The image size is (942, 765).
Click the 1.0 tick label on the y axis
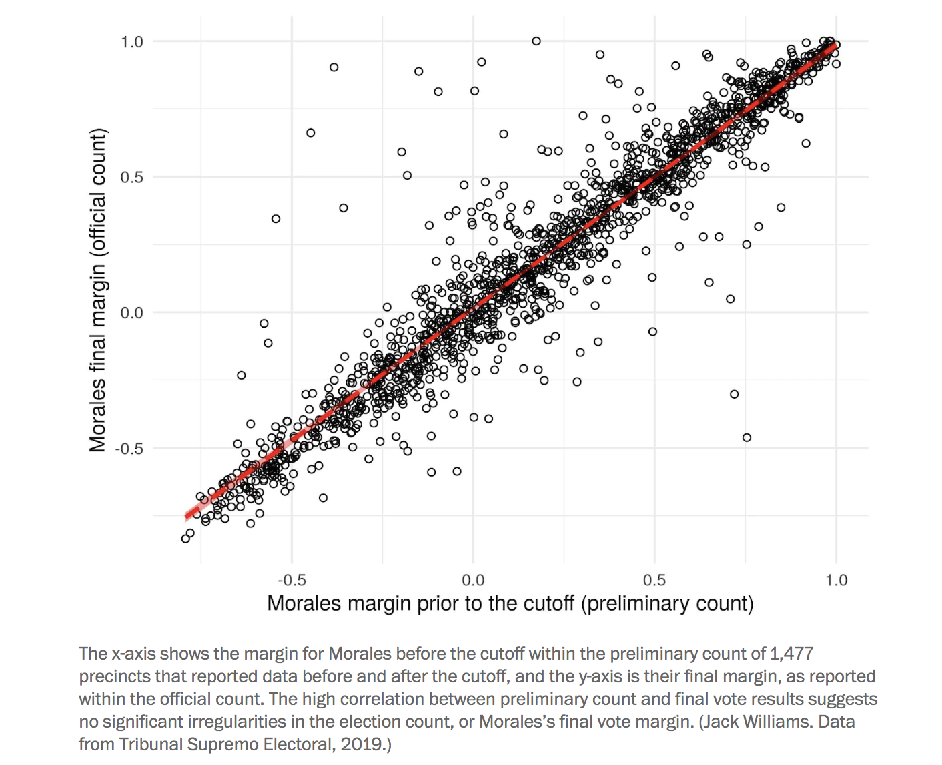(x=131, y=42)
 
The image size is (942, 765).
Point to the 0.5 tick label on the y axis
(x=131, y=177)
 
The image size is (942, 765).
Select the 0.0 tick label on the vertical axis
(x=131, y=312)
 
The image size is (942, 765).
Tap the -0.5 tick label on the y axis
(x=129, y=448)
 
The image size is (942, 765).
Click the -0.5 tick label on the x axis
(x=292, y=579)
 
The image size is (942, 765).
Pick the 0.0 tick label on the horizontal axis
(x=473, y=579)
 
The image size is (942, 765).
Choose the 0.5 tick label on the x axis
(x=654, y=579)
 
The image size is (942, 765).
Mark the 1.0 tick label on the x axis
(x=836, y=579)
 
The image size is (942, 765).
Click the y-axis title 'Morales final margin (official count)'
(x=97, y=290)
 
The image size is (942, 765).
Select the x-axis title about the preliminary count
(x=510, y=603)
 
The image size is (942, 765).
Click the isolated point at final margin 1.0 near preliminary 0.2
(x=536, y=41)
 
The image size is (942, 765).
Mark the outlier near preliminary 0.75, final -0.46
(x=747, y=437)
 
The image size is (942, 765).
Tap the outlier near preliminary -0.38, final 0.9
(x=334, y=67)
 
